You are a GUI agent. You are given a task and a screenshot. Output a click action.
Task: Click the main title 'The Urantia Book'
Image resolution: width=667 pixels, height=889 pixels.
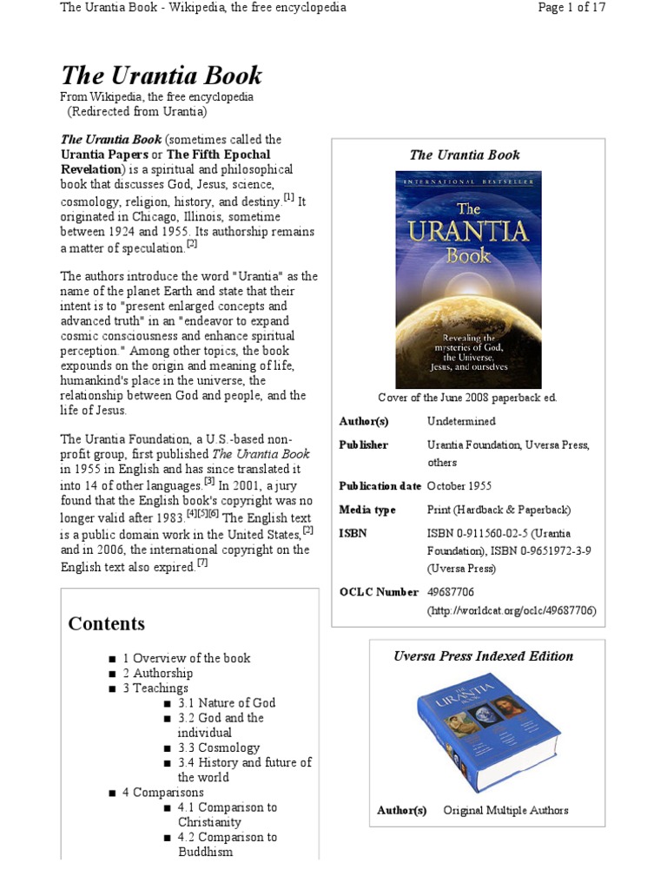pos(161,76)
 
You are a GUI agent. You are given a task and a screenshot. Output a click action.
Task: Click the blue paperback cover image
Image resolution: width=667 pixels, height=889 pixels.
pos(468,279)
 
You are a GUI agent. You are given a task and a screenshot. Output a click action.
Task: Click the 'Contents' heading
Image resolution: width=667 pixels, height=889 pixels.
pos(107,624)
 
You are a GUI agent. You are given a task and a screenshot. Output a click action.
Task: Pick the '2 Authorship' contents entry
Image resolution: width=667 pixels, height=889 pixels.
pos(157,673)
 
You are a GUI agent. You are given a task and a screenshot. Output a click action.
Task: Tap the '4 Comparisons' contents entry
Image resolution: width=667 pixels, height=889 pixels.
pos(162,793)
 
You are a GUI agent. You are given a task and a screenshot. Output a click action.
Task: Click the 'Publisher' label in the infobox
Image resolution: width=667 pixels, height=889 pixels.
pos(363,444)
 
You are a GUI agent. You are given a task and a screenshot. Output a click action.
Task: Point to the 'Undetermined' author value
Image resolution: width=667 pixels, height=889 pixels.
pos(461,421)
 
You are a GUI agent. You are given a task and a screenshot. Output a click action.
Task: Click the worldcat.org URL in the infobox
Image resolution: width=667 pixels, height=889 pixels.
pos(511,610)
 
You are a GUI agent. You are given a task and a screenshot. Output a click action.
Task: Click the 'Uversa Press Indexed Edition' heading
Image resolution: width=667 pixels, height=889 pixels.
pos(483,656)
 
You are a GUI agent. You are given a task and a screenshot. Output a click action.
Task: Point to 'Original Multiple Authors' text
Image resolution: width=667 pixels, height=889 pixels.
pos(505,810)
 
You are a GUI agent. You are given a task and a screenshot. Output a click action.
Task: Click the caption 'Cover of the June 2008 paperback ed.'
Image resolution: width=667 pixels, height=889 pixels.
pos(467,398)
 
